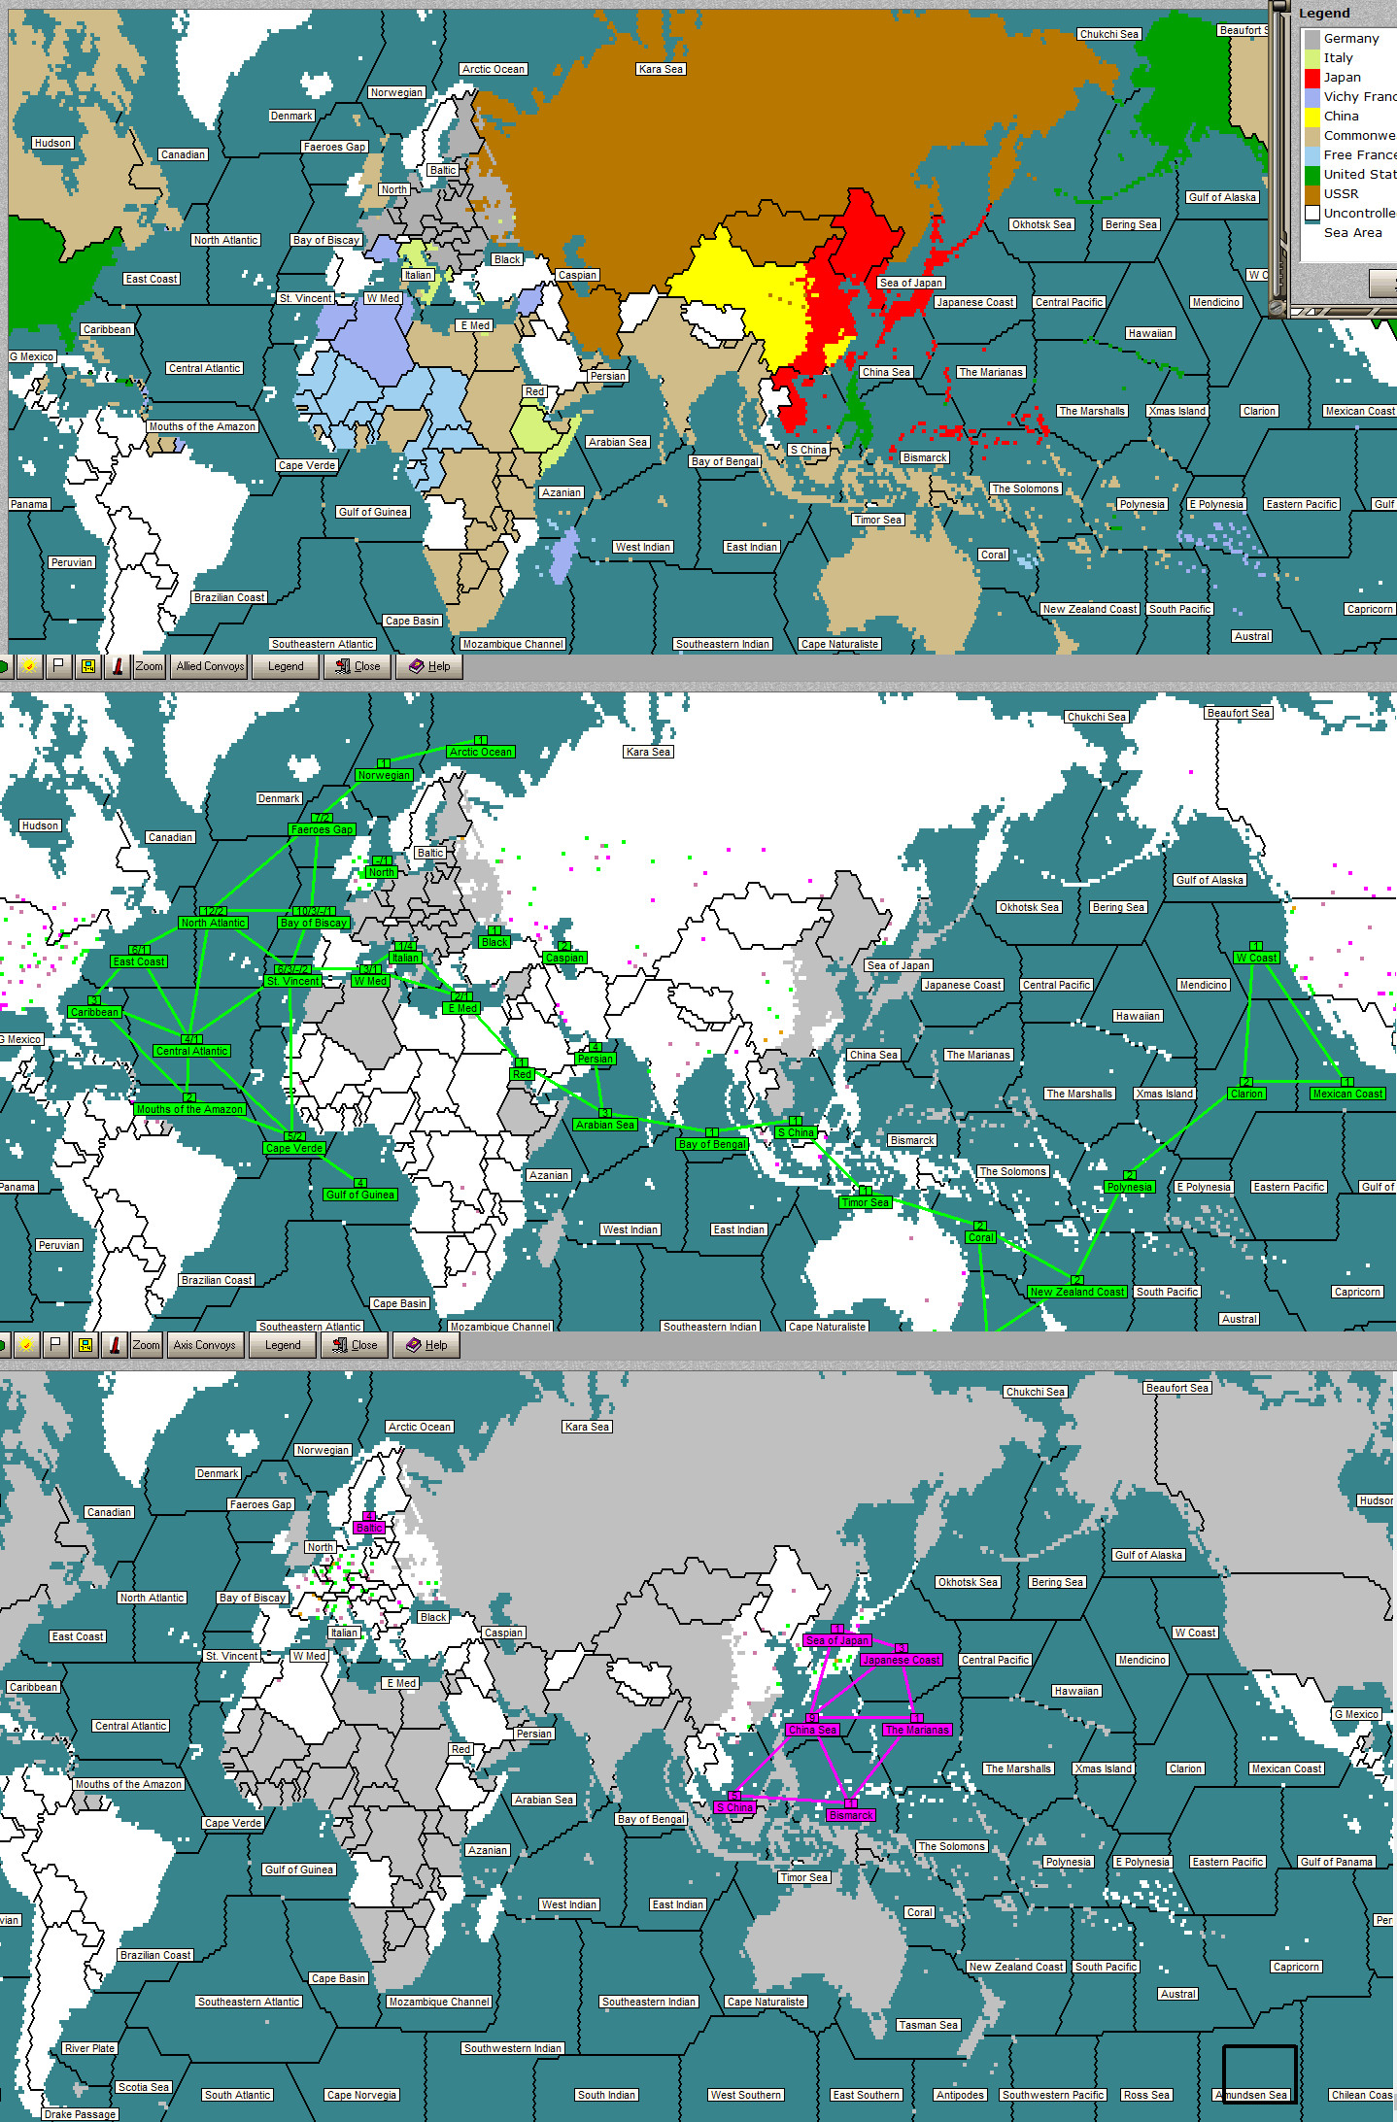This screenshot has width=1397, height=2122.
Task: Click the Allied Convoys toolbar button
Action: (x=210, y=666)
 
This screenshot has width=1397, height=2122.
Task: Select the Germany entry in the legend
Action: (x=1350, y=39)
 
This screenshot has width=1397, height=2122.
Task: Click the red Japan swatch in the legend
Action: (x=1312, y=78)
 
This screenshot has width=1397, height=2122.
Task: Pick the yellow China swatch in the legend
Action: (x=1312, y=117)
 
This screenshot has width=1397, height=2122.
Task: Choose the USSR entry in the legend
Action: (x=1341, y=193)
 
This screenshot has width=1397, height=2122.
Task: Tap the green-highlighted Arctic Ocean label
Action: (x=481, y=752)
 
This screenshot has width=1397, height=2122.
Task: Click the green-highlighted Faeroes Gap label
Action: (x=322, y=829)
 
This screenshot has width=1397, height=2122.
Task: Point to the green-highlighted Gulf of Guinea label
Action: (x=360, y=1195)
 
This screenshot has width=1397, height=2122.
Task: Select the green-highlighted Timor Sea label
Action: (x=866, y=1202)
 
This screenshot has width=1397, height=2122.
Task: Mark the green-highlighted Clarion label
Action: (x=1246, y=1094)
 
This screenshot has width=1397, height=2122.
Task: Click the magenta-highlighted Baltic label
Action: (x=369, y=1528)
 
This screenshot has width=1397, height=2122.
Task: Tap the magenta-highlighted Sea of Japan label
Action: (x=837, y=1640)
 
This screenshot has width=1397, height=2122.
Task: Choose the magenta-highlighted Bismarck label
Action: (x=851, y=1815)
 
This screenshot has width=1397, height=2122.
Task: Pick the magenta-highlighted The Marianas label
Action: (x=917, y=1730)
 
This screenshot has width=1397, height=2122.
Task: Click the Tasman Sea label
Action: (x=929, y=2025)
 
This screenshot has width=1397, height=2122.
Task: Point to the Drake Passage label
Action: (x=81, y=2114)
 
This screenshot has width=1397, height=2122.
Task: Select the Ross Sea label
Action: (x=1146, y=2095)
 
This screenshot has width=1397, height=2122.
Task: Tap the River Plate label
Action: (x=89, y=2048)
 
